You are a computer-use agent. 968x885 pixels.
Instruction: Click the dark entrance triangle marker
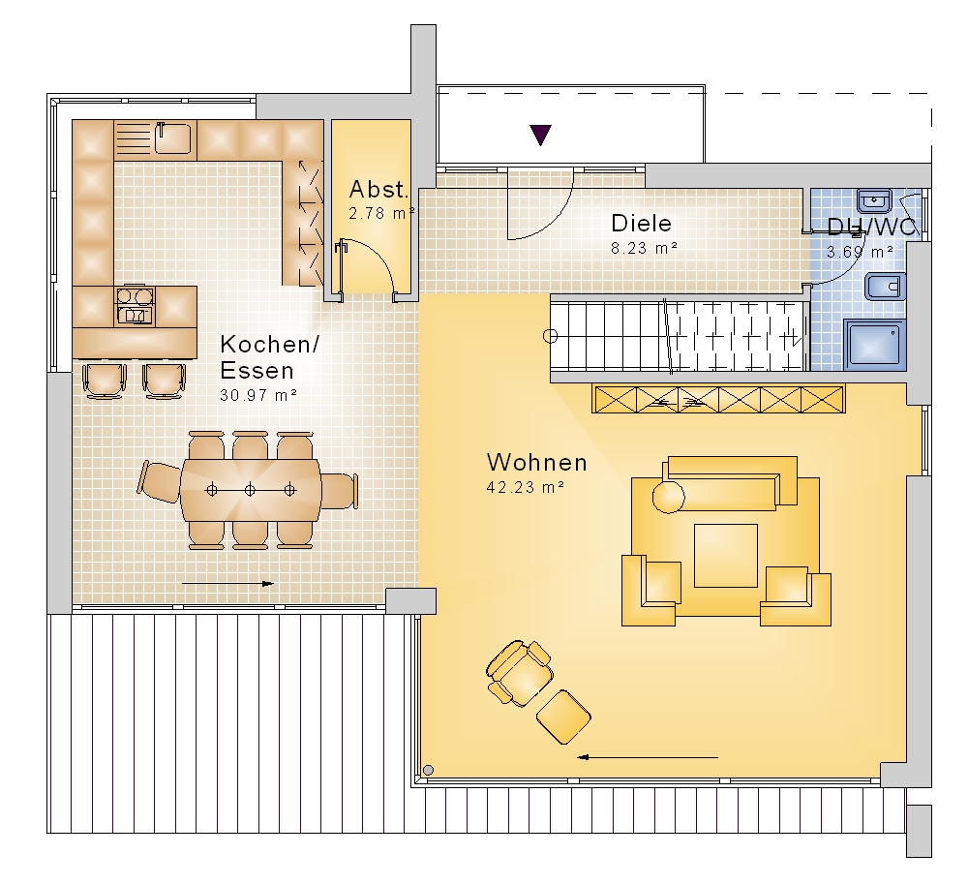[x=540, y=135]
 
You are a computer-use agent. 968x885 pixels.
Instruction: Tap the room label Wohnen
[x=536, y=462]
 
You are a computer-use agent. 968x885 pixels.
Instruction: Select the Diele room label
[x=641, y=223]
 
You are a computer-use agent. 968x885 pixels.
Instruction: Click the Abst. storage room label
[x=378, y=189]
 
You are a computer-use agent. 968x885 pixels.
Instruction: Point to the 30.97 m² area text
[x=258, y=395]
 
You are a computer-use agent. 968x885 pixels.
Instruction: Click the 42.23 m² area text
[x=526, y=487]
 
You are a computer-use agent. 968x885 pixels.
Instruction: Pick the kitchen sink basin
[x=172, y=137]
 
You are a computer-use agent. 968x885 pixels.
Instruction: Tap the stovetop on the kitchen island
[x=136, y=306]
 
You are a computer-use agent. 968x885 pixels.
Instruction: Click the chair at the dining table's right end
[x=339, y=490]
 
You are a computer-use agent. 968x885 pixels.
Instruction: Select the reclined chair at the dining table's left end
[x=160, y=481]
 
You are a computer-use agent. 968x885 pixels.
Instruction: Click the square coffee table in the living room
[x=725, y=555]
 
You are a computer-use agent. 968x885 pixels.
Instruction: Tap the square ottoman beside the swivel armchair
[x=563, y=717]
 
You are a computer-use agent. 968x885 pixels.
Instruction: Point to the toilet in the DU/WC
[x=885, y=288]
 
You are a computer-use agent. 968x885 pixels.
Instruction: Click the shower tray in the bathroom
[x=874, y=344]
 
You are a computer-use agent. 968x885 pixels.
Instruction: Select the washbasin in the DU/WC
[x=874, y=200]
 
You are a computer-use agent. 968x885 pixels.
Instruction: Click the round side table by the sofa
[x=669, y=497]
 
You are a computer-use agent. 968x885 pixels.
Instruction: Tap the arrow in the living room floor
[x=648, y=757]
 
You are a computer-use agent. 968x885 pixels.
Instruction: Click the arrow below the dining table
[x=227, y=583]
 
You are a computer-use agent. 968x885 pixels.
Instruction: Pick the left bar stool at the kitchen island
[x=104, y=381]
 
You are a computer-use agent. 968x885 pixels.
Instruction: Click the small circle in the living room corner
[x=429, y=770]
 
